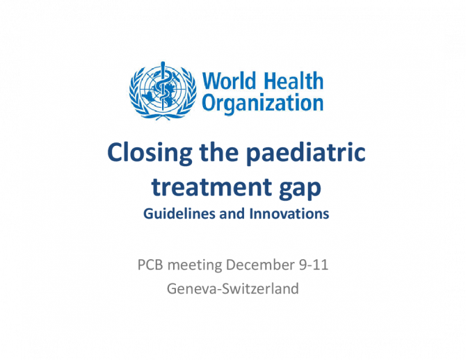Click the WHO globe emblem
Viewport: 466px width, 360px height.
click(163, 90)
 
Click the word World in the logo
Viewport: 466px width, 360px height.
click(229, 81)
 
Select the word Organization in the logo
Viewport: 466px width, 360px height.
click(262, 104)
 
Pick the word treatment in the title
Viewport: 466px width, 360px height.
click(211, 188)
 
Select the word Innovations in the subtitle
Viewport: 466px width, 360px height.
click(289, 214)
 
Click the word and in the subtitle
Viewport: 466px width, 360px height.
click(232, 214)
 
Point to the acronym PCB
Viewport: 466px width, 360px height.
click(150, 265)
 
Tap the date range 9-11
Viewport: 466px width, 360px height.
click(314, 265)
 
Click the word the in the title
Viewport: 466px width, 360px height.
click(219, 152)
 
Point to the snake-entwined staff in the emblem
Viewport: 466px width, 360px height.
click(163, 86)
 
